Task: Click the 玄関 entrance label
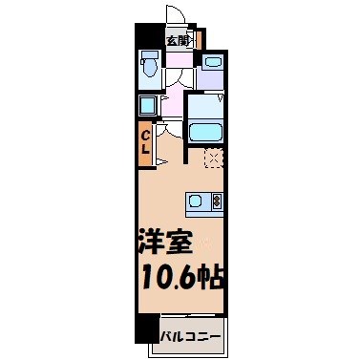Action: tap(177, 40)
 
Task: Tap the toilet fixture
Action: tap(149, 67)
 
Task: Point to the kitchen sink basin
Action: tap(197, 201)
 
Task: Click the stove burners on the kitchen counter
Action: tap(216, 201)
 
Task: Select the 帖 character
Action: tap(213, 278)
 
